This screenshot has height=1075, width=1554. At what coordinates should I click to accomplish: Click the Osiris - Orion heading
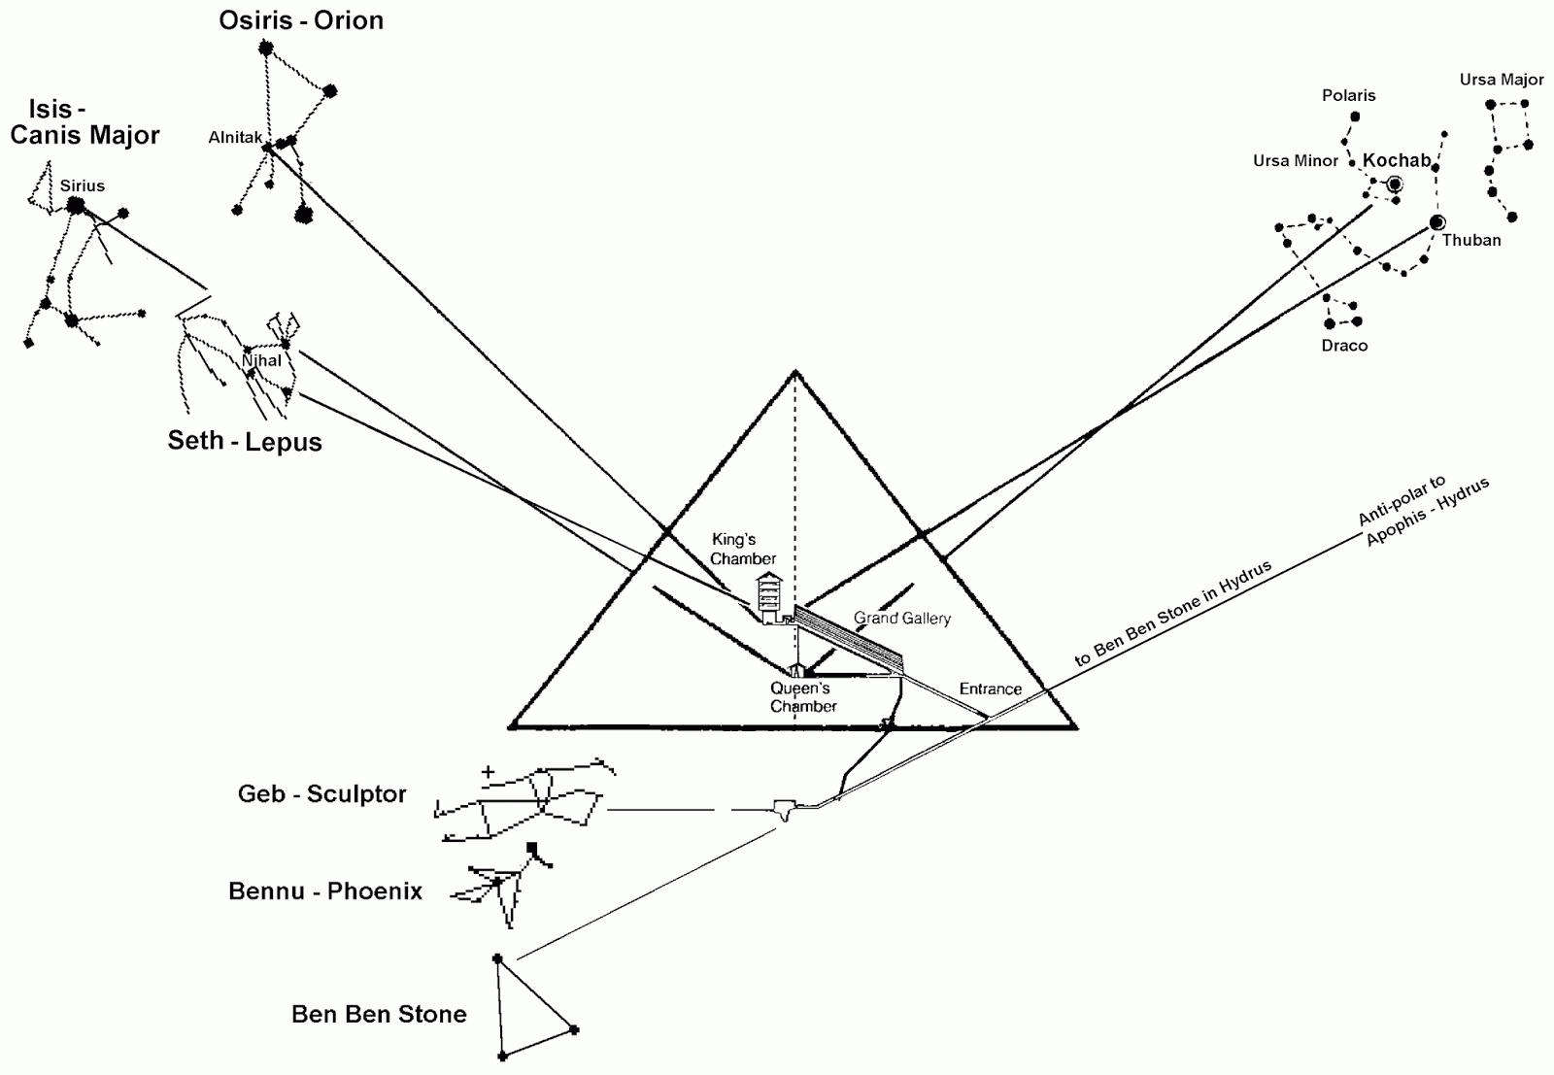click(x=301, y=20)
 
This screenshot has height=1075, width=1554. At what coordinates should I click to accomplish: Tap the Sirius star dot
click(x=76, y=205)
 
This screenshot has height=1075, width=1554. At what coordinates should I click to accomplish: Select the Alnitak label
click(x=235, y=138)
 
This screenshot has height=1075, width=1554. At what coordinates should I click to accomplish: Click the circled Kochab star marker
click(x=1395, y=185)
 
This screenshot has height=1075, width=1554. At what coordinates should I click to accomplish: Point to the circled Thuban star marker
click(x=1437, y=223)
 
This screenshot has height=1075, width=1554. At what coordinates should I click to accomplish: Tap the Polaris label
click(x=1348, y=95)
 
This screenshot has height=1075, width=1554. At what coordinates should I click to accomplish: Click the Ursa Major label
click(x=1501, y=80)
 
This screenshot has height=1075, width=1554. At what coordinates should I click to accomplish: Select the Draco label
click(x=1344, y=346)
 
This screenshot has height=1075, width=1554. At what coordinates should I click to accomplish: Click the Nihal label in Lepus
click(x=261, y=361)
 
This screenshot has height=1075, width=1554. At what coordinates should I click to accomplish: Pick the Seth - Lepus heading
click(x=245, y=441)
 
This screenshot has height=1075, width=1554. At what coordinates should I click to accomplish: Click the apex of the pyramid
click(x=795, y=371)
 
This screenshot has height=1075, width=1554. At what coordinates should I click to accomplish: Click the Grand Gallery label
click(x=902, y=618)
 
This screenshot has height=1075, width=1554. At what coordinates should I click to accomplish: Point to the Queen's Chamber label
click(x=801, y=697)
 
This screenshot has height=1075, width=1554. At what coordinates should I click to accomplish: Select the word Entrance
click(x=991, y=689)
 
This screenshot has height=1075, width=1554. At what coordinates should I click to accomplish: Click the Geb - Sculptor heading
click(x=321, y=793)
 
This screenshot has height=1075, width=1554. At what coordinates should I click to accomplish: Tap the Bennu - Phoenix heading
click(x=325, y=890)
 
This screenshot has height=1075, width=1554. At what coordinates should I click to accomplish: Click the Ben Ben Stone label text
click(x=379, y=1014)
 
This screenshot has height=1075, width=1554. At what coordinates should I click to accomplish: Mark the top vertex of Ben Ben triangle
click(x=497, y=958)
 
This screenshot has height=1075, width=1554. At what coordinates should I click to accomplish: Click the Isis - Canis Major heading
click(x=84, y=121)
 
